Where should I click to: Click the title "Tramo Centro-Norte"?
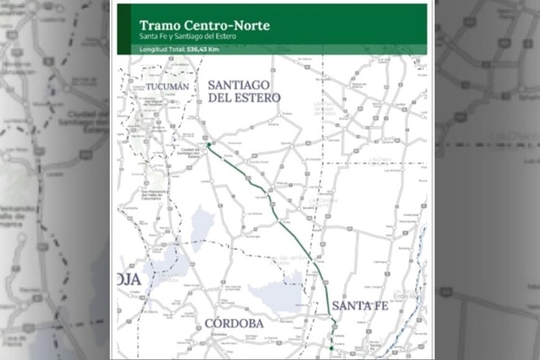[x=204, y=25]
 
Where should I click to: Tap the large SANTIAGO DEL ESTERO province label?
[x=243, y=91]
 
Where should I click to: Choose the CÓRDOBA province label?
[x=233, y=323]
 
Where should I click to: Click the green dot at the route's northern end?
[x=209, y=145]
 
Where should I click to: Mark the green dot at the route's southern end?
[x=331, y=348]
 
